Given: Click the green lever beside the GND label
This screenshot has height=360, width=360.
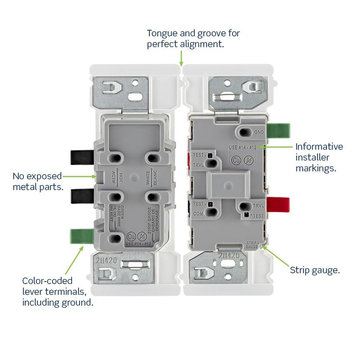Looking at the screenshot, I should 279,130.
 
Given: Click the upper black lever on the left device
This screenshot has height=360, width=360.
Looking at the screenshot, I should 81,157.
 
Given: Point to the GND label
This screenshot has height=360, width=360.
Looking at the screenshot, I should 259,132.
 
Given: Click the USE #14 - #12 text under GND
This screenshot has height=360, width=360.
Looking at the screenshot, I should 243,147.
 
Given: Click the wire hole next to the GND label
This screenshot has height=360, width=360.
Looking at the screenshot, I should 246,132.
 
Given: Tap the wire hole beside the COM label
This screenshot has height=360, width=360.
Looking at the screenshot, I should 213,212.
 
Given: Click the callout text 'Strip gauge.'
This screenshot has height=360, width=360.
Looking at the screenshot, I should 315,270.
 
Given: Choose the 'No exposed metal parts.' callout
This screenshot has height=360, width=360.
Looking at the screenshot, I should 37,181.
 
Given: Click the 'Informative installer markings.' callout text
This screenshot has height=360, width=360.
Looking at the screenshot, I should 319,157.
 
